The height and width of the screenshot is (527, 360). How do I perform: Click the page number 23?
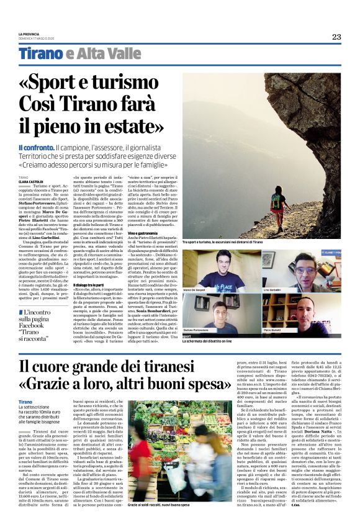336,37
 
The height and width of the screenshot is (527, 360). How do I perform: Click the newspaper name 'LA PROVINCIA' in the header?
28,34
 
